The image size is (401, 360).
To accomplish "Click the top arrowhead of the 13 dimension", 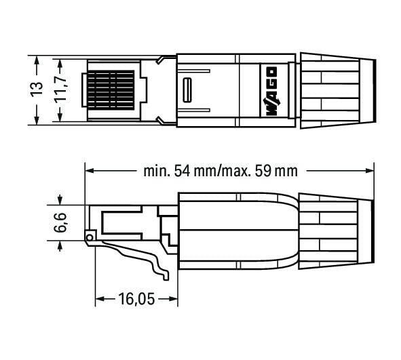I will pos(37,60).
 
